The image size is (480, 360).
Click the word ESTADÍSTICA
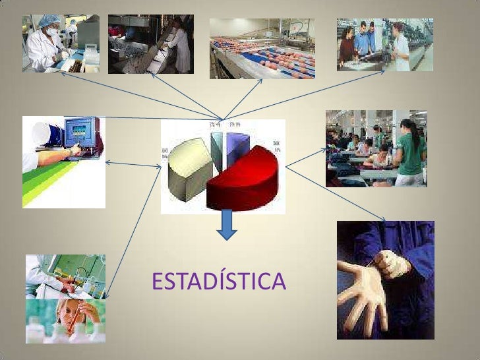tap(218, 282)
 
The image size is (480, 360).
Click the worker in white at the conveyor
tap(179, 46)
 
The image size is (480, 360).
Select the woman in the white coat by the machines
tap(401, 46)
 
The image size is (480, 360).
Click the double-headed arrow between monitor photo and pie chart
tap(133, 164)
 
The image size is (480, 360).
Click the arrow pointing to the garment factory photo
tap(306, 157)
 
